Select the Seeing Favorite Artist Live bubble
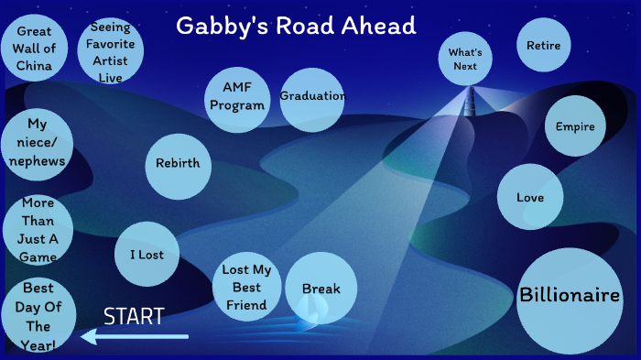110,52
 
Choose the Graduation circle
311,97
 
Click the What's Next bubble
465,60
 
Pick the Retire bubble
544,45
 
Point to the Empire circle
575,126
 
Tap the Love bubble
530,197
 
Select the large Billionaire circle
570,296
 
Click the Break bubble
320,289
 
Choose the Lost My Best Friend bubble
246,288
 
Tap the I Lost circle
147,254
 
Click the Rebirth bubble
178,164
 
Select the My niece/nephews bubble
37,143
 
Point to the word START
134,317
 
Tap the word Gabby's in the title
220,26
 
